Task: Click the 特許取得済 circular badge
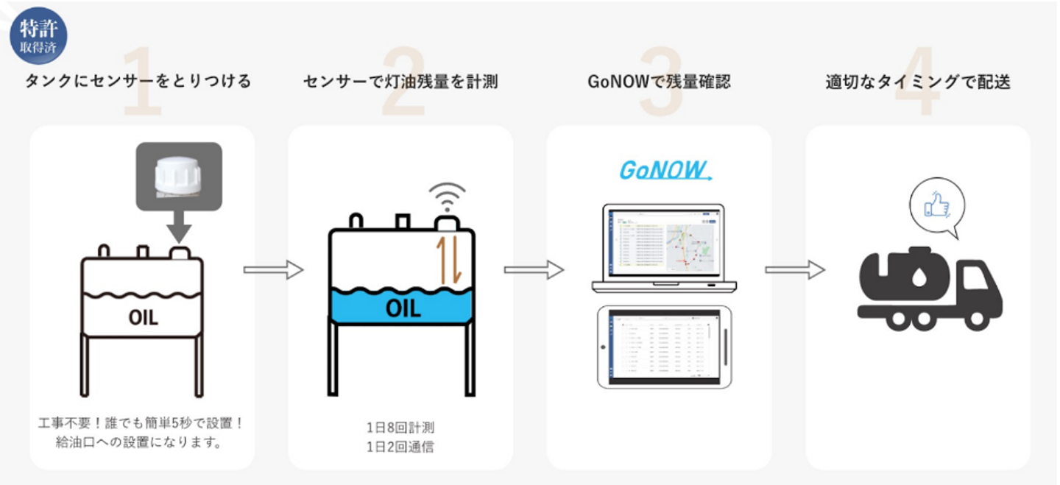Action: tap(38, 35)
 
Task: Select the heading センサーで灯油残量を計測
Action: tap(400, 81)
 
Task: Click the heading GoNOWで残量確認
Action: tap(659, 81)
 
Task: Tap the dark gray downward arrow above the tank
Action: tap(178, 230)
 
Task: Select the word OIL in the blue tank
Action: tap(403, 308)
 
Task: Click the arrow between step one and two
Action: tap(273, 270)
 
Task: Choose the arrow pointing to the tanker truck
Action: tap(794, 270)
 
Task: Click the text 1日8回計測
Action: tap(400, 427)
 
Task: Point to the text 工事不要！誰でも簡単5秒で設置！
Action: tap(140, 424)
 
